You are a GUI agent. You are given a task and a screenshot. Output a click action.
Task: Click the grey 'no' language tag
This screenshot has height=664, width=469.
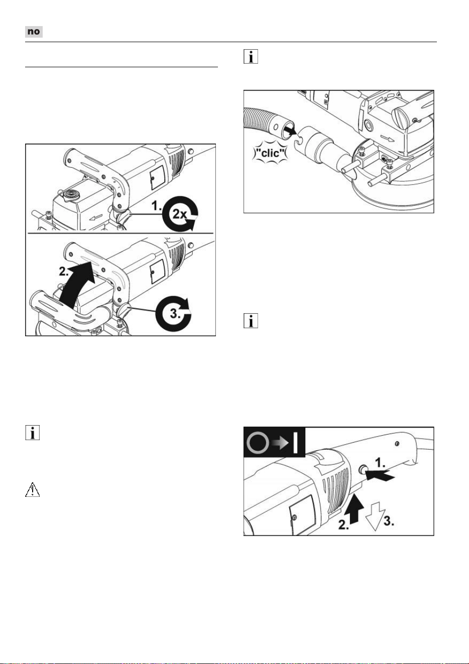tap(34, 32)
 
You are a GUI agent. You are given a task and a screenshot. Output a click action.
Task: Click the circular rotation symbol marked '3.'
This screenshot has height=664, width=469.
tap(174, 313)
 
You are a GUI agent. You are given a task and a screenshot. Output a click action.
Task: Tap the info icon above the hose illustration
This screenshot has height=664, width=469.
tap(251, 56)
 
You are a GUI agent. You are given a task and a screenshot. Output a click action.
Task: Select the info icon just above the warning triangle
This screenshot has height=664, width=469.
tap(33, 433)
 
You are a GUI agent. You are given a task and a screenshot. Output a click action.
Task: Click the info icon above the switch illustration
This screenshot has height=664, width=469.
tap(251, 321)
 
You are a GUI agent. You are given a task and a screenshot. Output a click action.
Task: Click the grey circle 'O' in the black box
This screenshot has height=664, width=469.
tap(258, 443)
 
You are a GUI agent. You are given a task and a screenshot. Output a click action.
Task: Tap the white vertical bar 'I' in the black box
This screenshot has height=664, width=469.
tap(295, 443)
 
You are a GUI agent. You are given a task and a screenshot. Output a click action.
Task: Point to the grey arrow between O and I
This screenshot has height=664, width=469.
tap(281, 443)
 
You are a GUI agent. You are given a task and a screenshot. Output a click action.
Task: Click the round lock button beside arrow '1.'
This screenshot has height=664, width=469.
tap(363, 469)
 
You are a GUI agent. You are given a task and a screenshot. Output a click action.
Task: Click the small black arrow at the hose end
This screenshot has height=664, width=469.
tap(291, 130)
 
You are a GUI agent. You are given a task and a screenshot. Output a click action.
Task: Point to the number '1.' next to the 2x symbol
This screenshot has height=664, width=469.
tap(156, 206)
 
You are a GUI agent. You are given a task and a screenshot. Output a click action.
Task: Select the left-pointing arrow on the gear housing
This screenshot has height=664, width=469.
tap(97, 218)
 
